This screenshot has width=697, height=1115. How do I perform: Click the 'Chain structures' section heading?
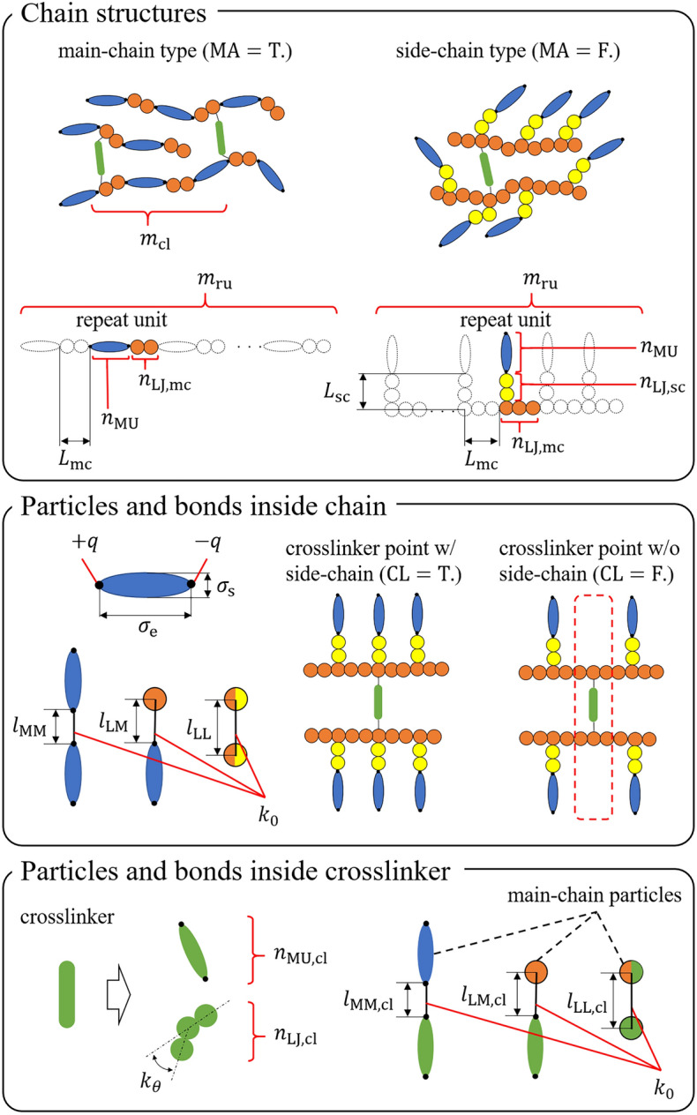(116, 15)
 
